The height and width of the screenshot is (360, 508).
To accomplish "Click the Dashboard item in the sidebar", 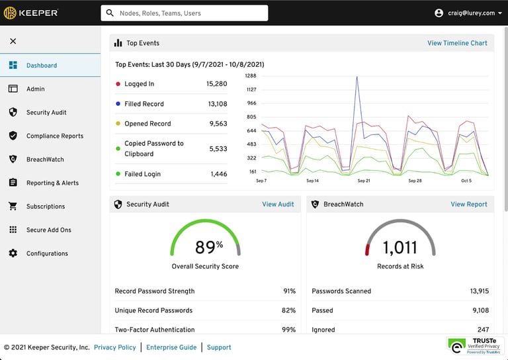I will point(41,66).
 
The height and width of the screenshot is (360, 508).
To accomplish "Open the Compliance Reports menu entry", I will point(54,136).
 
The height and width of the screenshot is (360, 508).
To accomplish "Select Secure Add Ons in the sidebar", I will point(48,230).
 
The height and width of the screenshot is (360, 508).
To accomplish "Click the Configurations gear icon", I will point(13,253).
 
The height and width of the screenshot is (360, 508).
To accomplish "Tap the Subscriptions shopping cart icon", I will point(13,206).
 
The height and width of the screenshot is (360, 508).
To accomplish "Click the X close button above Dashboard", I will point(13,41).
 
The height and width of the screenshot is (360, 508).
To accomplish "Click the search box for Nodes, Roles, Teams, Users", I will point(185,13).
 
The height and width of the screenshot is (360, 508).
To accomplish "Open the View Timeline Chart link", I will point(457,43).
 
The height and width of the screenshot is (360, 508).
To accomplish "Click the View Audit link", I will point(278,204).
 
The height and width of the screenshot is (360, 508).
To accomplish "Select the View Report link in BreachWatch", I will point(469,204).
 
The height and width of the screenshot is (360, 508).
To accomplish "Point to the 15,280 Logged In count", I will point(216,84).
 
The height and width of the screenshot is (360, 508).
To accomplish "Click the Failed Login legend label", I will point(142,174).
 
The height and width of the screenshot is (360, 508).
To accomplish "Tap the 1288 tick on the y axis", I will point(251,76).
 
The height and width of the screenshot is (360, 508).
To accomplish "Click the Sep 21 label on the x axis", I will point(364,181).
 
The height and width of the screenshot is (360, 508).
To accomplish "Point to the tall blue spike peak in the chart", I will point(357,77).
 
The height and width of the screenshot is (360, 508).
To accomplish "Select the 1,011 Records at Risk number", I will point(400,247).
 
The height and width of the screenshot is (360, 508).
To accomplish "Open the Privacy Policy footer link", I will point(114,347).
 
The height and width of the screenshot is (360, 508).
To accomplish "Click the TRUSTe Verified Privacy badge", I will point(474,346).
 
